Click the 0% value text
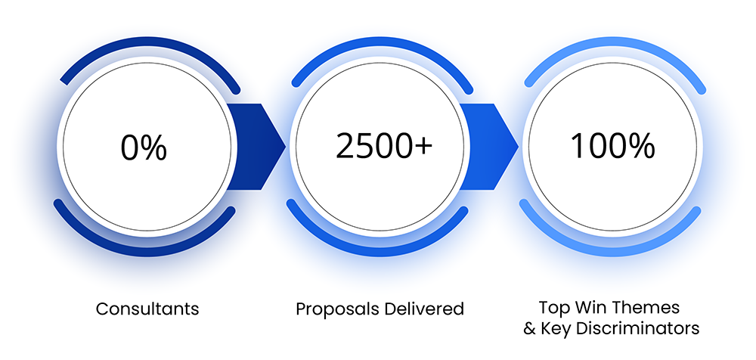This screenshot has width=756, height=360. tap(144, 147)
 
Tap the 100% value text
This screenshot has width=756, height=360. tap(612, 147)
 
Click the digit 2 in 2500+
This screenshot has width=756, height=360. tap(345, 147)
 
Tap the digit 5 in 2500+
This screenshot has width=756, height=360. tap(366, 147)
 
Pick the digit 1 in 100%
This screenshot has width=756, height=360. tap(576, 147)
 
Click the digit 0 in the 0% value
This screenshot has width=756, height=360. tap(129, 147)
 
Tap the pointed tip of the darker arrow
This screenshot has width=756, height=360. tap(284, 145)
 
